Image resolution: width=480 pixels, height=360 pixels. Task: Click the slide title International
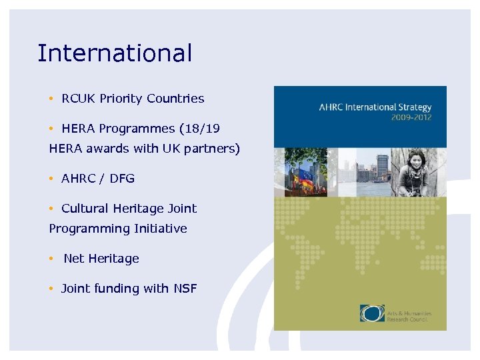coord(115,53)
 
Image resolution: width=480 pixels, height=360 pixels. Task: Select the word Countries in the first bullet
coord(175,99)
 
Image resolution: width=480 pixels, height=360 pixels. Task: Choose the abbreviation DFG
coord(122,178)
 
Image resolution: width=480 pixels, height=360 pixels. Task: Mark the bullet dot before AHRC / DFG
coord(51,178)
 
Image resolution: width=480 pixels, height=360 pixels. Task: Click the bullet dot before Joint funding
coord(51,288)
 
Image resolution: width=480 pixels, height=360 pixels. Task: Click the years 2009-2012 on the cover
coord(411,117)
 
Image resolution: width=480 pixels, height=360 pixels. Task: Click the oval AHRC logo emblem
coord(372,313)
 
